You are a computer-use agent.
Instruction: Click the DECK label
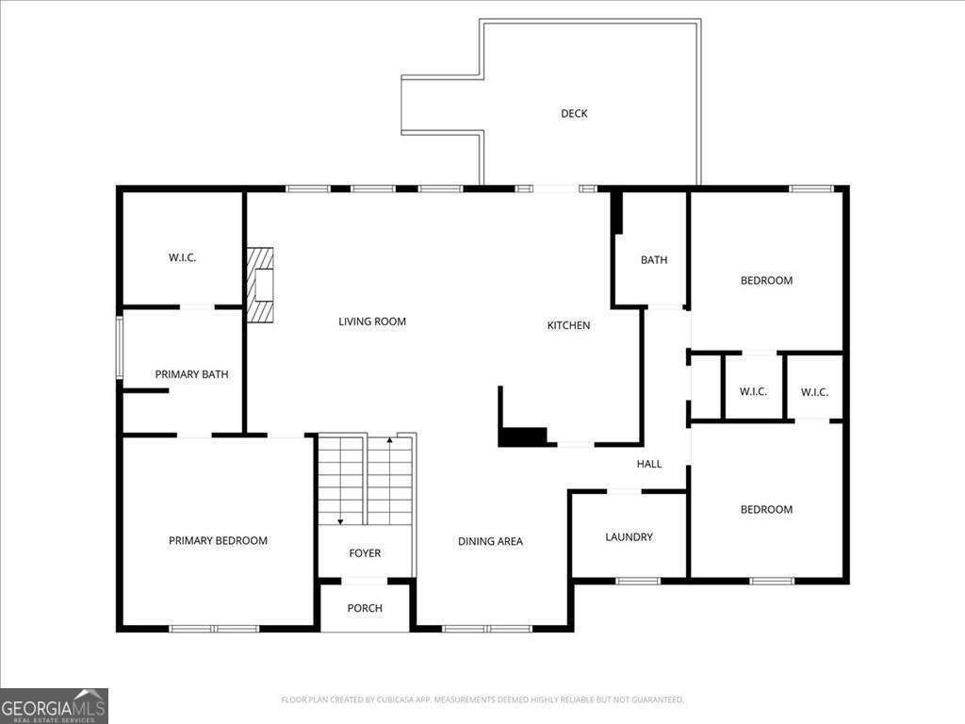click(574, 113)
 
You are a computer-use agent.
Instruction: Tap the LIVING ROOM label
click(372, 321)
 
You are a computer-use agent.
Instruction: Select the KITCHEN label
click(568, 325)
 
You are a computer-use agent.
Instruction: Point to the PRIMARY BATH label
click(191, 374)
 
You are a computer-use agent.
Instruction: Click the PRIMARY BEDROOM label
click(218, 540)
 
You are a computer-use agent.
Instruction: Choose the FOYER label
click(365, 552)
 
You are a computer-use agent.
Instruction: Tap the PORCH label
click(365, 608)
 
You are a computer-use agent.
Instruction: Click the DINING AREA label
click(490, 541)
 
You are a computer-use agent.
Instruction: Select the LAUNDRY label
click(629, 536)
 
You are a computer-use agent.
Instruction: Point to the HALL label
click(649, 464)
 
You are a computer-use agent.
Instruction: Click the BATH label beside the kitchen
click(654, 260)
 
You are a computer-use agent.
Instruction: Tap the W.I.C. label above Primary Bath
click(182, 257)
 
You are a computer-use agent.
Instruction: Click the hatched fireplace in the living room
click(260, 285)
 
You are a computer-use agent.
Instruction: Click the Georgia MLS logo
click(54, 706)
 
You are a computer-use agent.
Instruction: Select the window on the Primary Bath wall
click(120, 348)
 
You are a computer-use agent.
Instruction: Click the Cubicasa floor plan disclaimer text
click(482, 699)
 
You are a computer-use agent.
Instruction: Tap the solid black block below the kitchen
click(522, 436)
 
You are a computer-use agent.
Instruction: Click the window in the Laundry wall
click(638, 581)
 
